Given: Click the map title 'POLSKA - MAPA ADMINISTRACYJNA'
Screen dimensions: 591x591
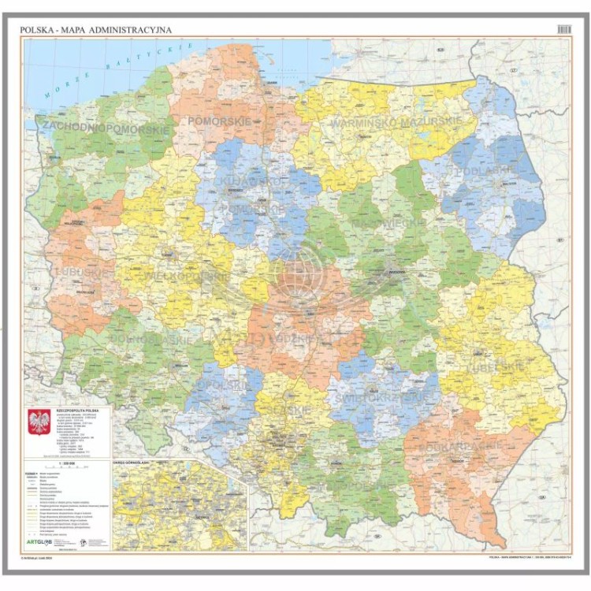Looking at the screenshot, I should click(95, 30).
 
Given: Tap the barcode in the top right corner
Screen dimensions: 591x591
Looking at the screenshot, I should click(563, 29).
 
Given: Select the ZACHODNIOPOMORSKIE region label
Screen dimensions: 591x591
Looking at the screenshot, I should click(106, 127).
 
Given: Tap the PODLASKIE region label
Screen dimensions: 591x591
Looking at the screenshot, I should click(484, 169).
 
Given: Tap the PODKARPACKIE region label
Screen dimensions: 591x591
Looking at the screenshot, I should click(471, 445).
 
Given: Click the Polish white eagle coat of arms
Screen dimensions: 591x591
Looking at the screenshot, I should click(39, 422).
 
